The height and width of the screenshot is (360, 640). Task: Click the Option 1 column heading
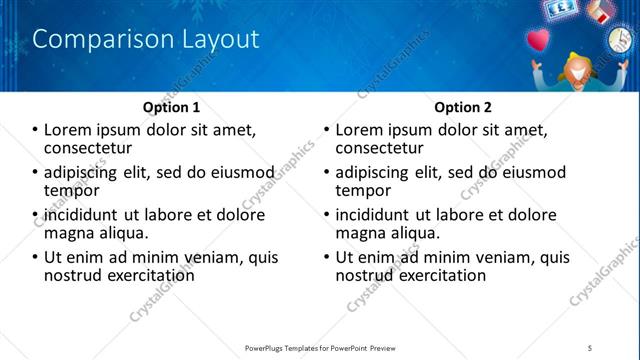point(172,107)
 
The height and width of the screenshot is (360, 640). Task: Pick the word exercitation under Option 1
point(145,275)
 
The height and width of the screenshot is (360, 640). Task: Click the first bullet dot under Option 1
point(36,130)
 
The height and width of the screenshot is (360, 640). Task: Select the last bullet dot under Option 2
point(327,258)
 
